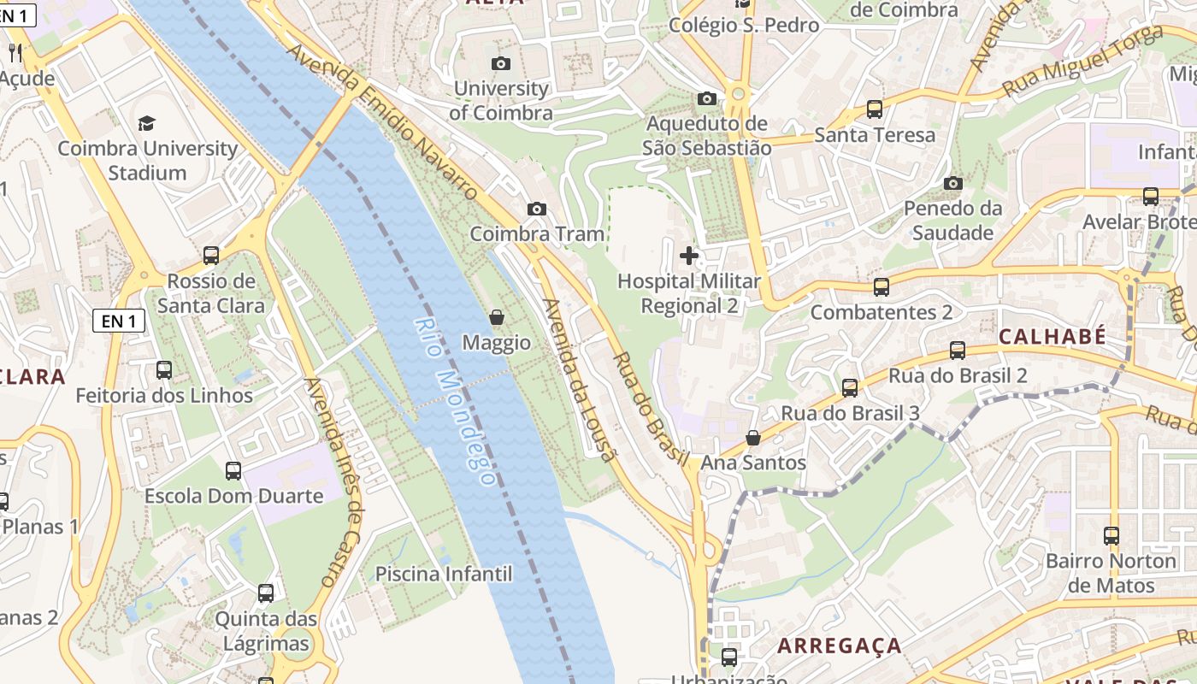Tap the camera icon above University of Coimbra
pyautogui.click(x=501, y=63)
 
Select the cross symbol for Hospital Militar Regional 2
pyautogui.click(x=689, y=255)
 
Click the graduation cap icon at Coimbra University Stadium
pyautogui.click(x=147, y=123)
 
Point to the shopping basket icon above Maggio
pyautogui.click(x=496, y=318)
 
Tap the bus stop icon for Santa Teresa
pyautogui.click(x=875, y=109)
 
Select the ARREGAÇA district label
pyautogui.click(x=840, y=646)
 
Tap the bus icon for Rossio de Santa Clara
pyautogui.click(x=211, y=256)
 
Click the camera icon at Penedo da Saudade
pyautogui.click(x=953, y=183)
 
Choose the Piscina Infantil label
pyautogui.click(x=444, y=574)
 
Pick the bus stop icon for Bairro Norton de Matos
pyautogui.click(x=1111, y=536)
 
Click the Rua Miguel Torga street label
pyautogui.click(x=1083, y=62)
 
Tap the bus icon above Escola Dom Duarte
pyautogui.click(x=233, y=470)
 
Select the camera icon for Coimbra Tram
pyautogui.click(x=537, y=209)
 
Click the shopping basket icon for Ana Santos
pyautogui.click(x=753, y=438)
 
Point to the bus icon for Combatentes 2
pyautogui.click(x=882, y=286)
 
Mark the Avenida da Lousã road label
pyautogui.click(x=580, y=380)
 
